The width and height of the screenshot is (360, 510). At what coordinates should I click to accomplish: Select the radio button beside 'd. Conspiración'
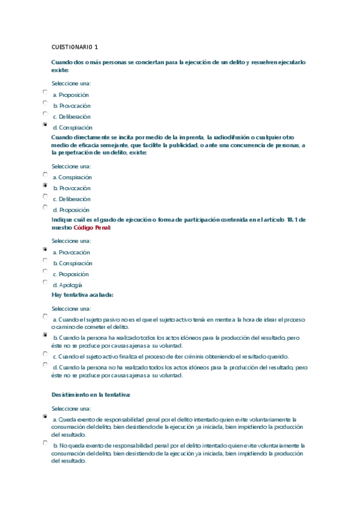click(45, 125)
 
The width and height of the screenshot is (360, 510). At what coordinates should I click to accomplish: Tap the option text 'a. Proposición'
click(70, 95)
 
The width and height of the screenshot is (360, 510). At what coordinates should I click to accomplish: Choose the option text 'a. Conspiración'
click(72, 177)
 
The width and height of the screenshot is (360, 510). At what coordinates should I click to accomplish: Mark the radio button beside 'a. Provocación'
click(45, 249)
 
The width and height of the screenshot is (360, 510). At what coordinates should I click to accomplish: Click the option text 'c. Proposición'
click(70, 274)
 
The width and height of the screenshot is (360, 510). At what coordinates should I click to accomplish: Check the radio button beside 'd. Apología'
click(45, 281)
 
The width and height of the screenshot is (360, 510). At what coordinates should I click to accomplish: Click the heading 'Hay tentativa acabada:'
click(82, 295)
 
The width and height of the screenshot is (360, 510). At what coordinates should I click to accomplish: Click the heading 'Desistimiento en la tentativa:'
click(91, 395)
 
